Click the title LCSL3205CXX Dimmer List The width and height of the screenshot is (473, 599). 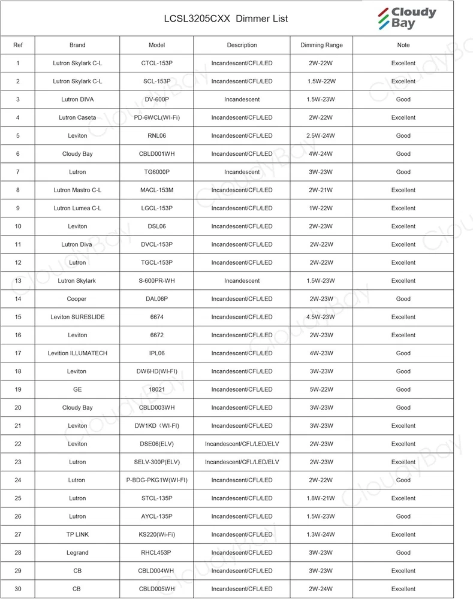[226, 19]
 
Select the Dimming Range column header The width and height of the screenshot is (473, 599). [321, 45]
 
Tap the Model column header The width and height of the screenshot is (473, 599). [156, 45]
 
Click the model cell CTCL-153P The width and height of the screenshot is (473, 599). [156, 63]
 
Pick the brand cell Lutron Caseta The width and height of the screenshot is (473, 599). [77, 117]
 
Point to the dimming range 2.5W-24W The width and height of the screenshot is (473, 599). [321, 135]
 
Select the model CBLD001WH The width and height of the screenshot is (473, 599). [156, 154]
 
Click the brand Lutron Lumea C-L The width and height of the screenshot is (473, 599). [77, 208]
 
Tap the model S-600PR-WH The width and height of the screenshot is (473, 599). [156, 280]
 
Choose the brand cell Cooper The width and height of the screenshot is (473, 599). [77, 298]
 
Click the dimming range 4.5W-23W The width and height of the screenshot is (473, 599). [321, 317]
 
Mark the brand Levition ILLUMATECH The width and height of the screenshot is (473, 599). [77, 353]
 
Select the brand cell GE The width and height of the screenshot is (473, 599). [77, 389]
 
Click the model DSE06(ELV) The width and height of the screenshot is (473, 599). [156, 444]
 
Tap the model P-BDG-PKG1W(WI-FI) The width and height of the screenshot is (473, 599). [156, 480]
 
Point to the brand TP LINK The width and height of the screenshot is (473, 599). [77, 534]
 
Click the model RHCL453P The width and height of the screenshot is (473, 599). [156, 552]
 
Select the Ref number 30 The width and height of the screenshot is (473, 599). [18, 589]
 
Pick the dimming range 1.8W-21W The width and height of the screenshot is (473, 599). [321, 498]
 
